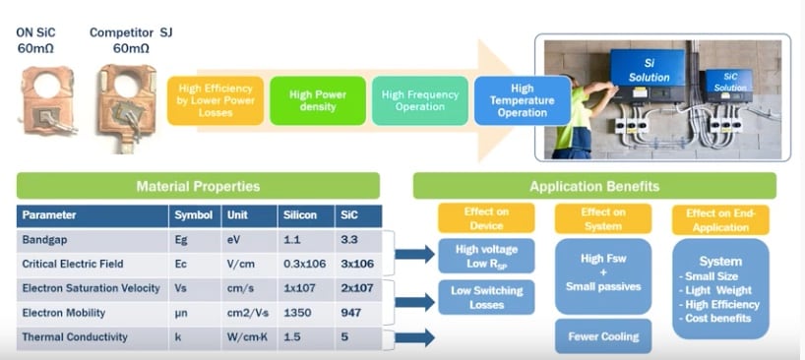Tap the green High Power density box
(318, 99)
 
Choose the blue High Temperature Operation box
(522, 99)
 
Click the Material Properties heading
(198, 186)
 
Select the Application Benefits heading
(593, 186)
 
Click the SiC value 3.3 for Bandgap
(350, 239)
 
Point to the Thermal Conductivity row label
(75, 337)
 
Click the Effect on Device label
(485, 218)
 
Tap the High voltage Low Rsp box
(485, 256)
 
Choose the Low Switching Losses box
(485, 297)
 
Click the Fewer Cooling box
(602, 336)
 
